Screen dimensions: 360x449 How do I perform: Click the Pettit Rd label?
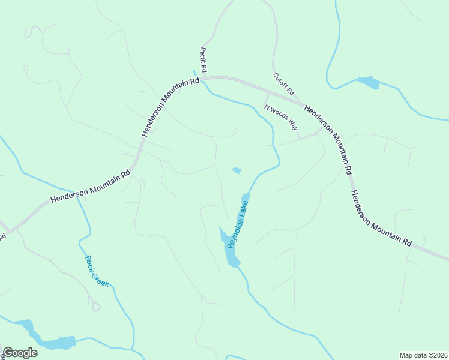point(203,60)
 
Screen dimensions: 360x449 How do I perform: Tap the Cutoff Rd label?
point(283,84)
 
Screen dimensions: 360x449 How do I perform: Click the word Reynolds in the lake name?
point(235,233)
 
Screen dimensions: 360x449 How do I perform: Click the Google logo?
point(20,353)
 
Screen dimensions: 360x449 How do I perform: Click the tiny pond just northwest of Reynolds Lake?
point(237,170)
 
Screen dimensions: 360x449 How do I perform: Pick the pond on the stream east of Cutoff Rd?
point(368,82)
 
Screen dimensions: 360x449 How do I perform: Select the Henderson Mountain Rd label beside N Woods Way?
point(328,139)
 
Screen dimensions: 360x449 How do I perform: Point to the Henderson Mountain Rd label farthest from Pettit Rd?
point(381,218)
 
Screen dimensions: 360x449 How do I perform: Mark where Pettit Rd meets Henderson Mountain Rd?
point(202,78)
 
